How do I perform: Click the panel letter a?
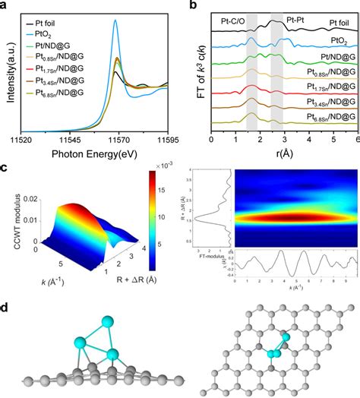(6, 6)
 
